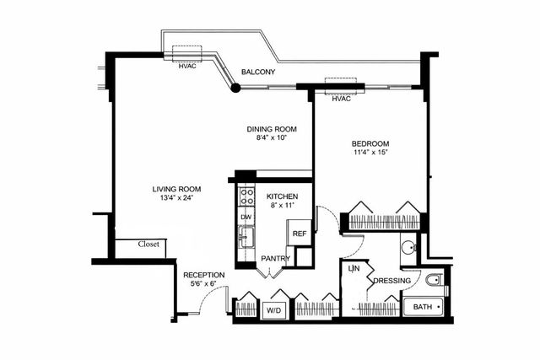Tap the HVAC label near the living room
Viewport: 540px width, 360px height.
click(187, 67)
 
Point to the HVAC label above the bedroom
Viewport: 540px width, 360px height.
click(341, 99)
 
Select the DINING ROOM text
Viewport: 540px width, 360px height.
click(272, 129)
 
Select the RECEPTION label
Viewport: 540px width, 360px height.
click(203, 275)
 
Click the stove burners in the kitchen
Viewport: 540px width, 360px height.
click(247, 196)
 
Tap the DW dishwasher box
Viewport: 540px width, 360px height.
click(246, 218)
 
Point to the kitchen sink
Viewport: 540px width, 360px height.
click(246, 237)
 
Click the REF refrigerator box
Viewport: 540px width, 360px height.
click(300, 234)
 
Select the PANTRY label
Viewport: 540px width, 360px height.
click(275, 259)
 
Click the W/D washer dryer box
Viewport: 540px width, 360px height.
click(274, 309)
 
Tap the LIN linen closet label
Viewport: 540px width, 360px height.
click(354, 269)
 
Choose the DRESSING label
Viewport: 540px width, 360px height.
click(391, 281)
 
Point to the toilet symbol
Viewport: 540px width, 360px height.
click(435, 281)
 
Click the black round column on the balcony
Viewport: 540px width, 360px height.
click(235, 87)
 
